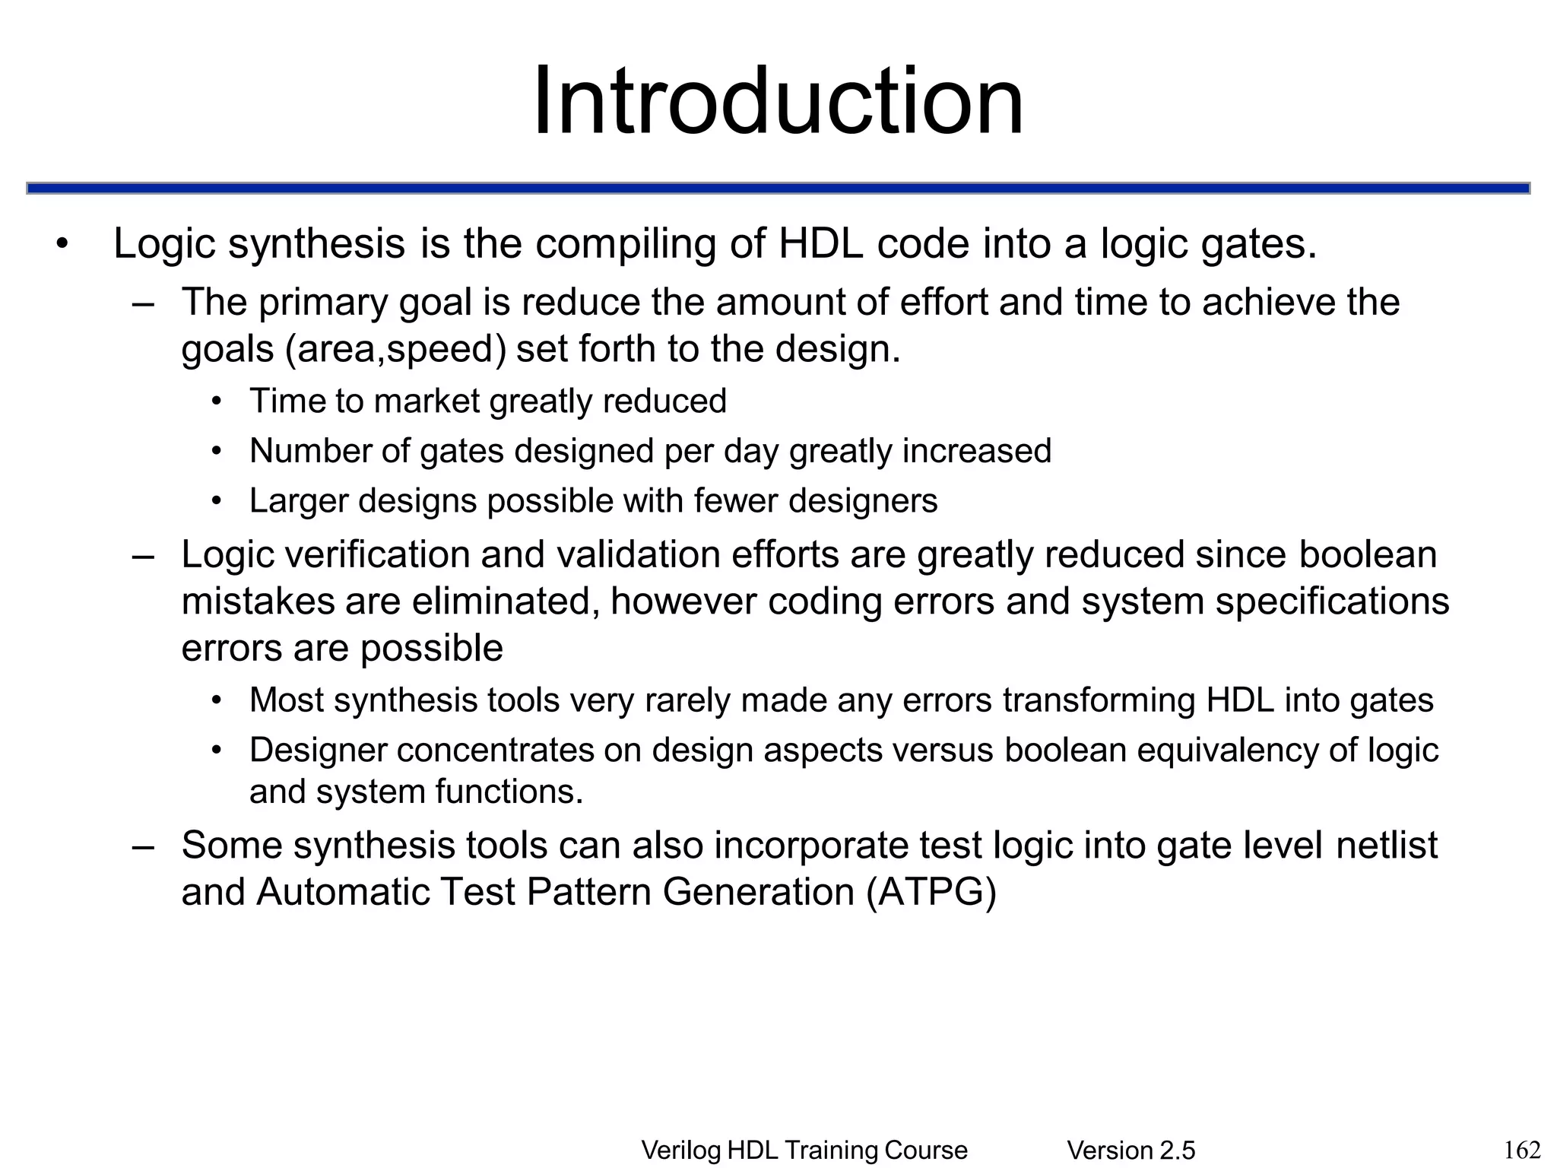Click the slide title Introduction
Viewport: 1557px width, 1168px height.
coord(778,101)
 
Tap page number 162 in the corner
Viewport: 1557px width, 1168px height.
coord(1523,1149)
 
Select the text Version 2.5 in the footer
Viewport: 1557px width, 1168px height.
coord(1130,1151)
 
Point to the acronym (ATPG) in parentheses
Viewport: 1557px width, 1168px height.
coord(931,892)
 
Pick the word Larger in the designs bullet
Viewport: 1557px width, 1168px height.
coord(299,501)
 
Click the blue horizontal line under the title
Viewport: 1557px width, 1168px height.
coord(778,188)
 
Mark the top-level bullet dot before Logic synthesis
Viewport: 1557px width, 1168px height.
coord(62,245)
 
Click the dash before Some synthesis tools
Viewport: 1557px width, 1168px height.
coord(143,846)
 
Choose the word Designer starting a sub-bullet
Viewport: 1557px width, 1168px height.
coord(318,751)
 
